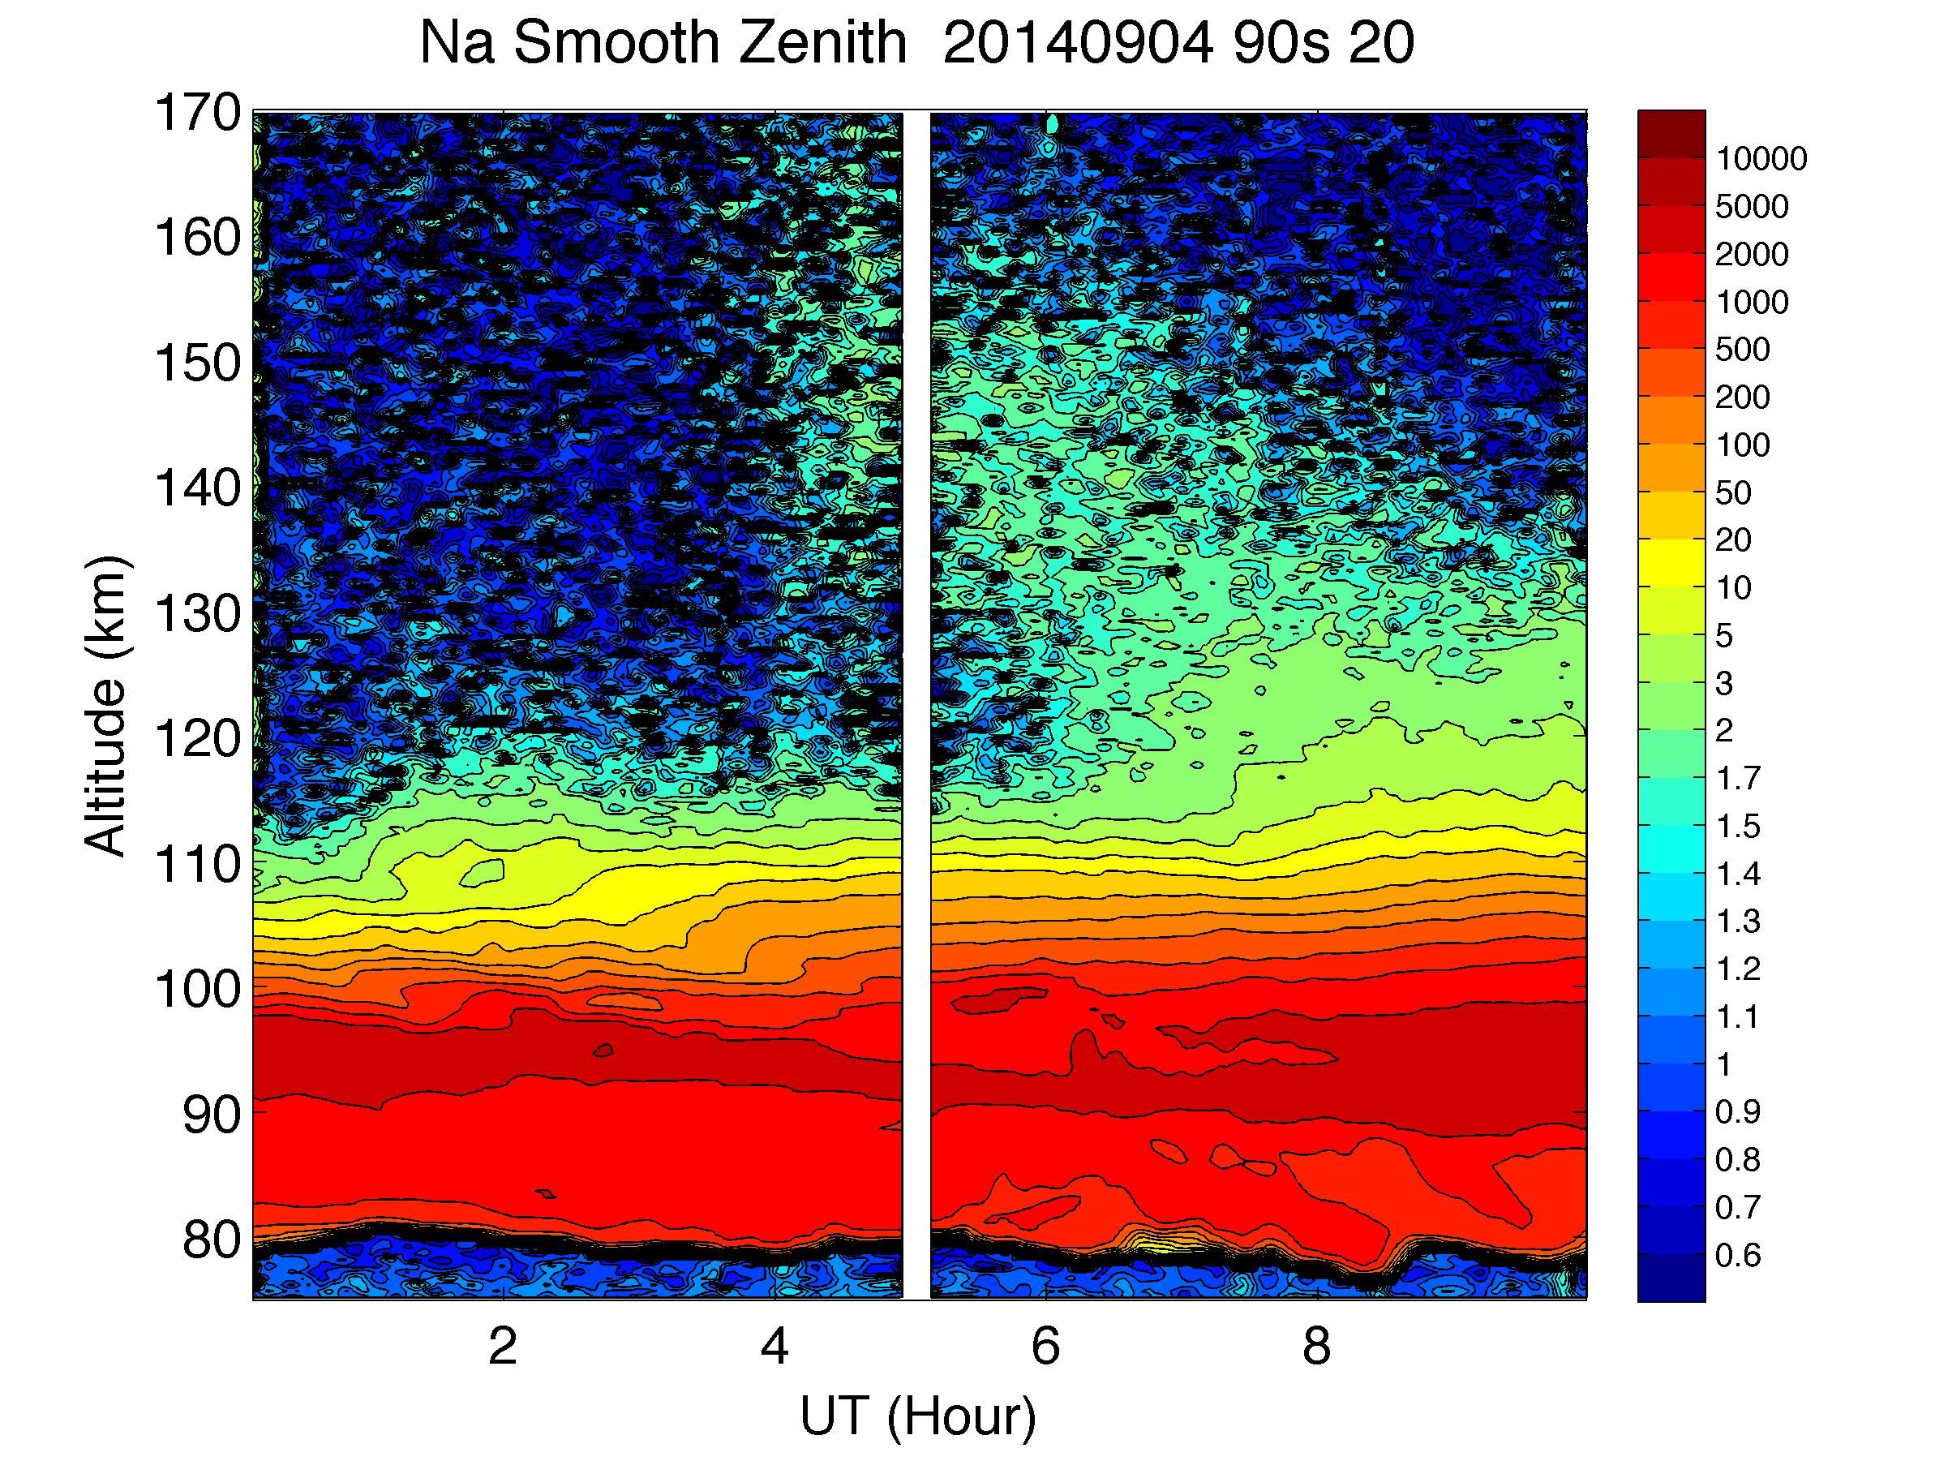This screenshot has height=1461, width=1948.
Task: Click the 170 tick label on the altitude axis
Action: click(x=197, y=113)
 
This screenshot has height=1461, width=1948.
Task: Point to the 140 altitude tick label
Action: click(x=197, y=488)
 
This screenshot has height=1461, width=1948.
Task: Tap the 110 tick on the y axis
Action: click(x=197, y=864)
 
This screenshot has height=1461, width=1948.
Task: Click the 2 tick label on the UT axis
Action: click(x=502, y=1346)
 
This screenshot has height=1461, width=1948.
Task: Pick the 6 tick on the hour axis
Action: click(x=1045, y=1346)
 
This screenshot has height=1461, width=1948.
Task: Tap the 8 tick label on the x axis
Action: click(x=1316, y=1346)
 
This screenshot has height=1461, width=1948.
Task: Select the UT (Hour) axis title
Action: click(x=918, y=1417)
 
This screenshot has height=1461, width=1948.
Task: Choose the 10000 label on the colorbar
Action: click(x=1761, y=159)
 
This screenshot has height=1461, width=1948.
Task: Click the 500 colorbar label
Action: click(x=1742, y=350)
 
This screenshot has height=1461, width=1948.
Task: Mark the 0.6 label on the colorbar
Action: click(x=1737, y=1255)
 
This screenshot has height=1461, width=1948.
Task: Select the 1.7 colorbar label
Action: click(x=1737, y=779)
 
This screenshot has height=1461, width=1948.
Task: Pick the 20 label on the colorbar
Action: click(x=1733, y=539)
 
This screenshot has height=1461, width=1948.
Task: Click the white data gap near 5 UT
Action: click(x=916, y=704)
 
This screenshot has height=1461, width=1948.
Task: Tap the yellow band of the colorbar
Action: click(x=1671, y=564)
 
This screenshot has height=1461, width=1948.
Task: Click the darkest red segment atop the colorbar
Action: click(x=1671, y=134)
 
